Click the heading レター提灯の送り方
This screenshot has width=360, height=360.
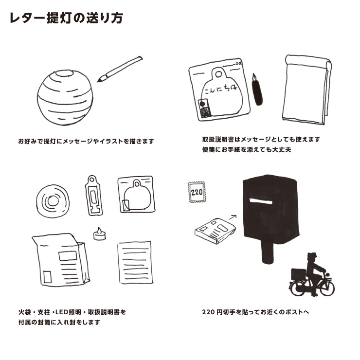coord(66,18)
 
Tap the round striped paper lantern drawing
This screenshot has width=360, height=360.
coord(65,97)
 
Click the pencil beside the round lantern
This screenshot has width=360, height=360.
coord(120,69)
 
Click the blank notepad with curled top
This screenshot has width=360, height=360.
coord(307,90)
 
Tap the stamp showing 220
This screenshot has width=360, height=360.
coord(197,192)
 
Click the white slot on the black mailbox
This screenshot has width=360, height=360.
coord(261,201)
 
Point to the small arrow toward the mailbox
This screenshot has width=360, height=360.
coord(233,217)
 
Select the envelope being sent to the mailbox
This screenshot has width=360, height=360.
coord(215,231)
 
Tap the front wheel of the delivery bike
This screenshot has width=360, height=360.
coord(327,288)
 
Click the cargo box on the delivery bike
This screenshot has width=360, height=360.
coord(299,274)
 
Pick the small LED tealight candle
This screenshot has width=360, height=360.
coord(99,234)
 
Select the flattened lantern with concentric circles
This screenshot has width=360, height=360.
coord(53,201)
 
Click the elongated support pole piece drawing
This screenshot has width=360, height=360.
coord(94,196)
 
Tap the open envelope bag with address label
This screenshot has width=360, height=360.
coord(61,260)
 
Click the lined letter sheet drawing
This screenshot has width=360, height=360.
coord(135,263)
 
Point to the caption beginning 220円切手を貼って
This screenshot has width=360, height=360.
coord(255,312)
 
